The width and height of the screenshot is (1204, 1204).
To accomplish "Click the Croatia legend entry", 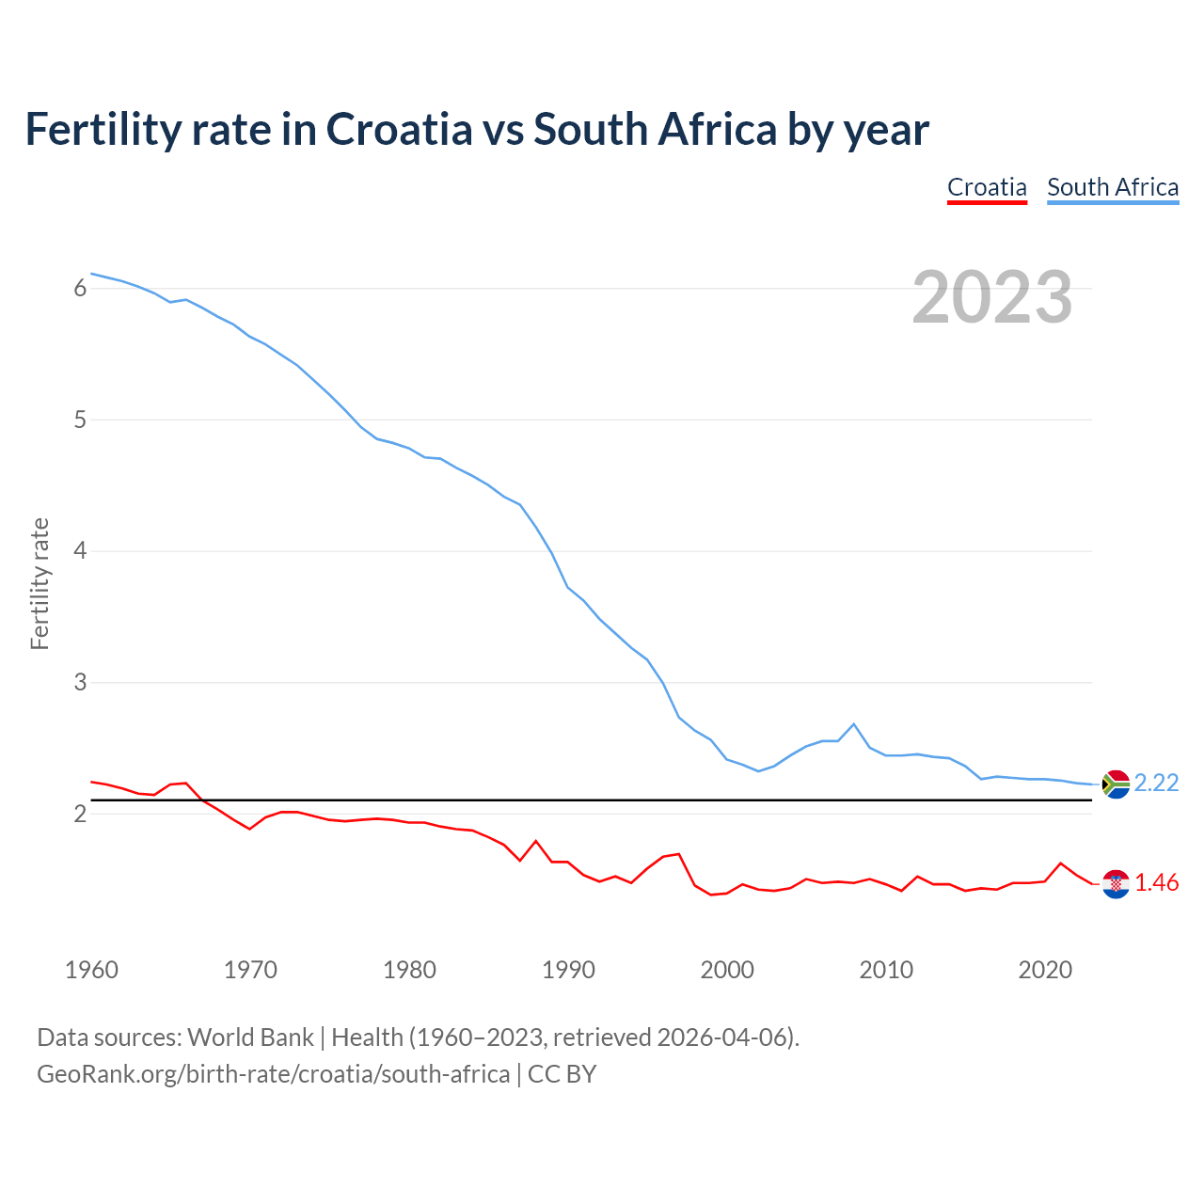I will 987,187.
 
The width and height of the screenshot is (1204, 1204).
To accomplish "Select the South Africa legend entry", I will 1113,187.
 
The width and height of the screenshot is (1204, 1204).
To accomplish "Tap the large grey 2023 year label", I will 992,297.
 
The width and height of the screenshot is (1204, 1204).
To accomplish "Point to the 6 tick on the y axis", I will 80,289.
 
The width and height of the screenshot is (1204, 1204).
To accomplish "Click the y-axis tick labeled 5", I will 80,420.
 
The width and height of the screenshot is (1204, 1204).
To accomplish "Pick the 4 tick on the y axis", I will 80,550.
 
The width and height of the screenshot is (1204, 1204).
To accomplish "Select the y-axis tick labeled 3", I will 80,682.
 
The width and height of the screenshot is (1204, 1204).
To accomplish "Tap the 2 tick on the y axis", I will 80,814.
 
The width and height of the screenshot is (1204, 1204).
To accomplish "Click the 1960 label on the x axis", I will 91,970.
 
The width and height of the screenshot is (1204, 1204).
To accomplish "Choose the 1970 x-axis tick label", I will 250,970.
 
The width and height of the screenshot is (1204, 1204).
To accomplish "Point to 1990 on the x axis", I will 568,970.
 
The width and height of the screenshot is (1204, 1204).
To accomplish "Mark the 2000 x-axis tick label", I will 727,970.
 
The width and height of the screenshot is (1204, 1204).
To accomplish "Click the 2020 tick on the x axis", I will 1045,970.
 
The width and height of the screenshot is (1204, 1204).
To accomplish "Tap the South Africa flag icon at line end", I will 1116,784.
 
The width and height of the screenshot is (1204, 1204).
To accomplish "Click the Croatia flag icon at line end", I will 1116,883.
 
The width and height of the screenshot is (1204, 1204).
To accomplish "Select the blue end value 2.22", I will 1156,783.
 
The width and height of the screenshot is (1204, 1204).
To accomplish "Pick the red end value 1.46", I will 1156,882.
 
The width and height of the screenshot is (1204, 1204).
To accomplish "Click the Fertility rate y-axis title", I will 40,583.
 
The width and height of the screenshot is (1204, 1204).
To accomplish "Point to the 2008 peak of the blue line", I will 853,724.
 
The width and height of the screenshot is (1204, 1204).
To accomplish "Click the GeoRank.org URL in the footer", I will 273,1074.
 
